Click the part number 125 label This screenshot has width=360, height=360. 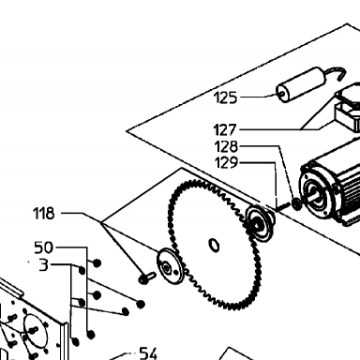coord(226,97)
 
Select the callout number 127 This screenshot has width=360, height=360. coord(225,129)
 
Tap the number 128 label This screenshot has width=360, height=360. coord(227,146)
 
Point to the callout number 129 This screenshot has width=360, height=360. coord(227,162)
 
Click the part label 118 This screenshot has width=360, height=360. coord(44,214)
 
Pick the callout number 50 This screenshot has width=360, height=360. coord(44,247)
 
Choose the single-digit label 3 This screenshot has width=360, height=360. coord(44,264)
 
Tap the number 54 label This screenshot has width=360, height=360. coord(148,353)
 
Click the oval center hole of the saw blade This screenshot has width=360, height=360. coord(214,245)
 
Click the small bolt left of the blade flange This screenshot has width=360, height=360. coord(147,277)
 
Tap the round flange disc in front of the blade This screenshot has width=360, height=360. coord(169,265)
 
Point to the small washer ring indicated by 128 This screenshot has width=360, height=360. coord(296,203)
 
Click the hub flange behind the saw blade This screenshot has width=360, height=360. coord(260,222)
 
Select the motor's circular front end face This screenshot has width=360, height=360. coord(314,191)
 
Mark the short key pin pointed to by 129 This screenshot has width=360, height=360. coord(283,206)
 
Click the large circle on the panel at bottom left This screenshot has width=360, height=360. coord(36,331)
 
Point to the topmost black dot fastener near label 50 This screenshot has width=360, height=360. coord(97,263)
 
